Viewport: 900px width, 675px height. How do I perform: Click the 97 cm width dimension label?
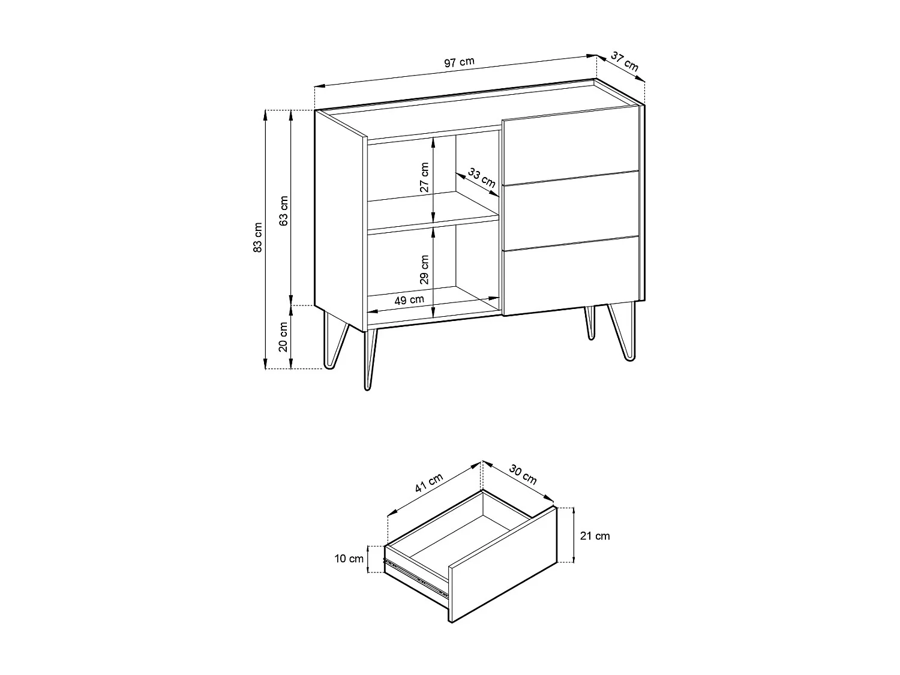(x=459, y=62)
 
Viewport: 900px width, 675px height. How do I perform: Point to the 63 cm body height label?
(x=284, y=210)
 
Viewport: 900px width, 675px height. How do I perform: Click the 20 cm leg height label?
(x=284, y=336)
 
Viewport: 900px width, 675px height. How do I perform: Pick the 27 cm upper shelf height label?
(x=425, y=177)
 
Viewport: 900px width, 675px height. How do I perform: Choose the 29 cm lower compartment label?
(x=425, y=269)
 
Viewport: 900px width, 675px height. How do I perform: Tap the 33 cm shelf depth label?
(x=481, y=178)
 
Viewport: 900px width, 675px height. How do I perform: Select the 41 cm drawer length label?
(x=428, y=483)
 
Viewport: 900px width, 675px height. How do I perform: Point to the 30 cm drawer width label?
(x=523, y=474)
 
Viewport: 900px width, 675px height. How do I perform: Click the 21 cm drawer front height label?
(x=595, y=536)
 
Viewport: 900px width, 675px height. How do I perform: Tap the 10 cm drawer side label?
(x=349, y=559)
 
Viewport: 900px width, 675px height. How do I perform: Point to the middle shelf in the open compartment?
(x=432, y=211)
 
